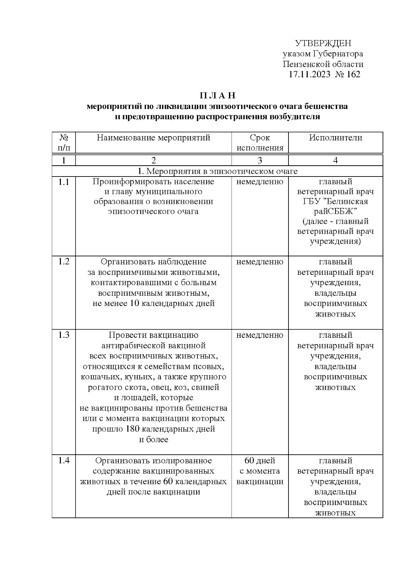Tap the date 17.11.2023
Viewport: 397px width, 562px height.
[x=309, y=74]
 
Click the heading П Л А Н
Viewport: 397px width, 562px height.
[x=217, y=96]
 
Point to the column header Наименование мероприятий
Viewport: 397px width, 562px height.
[x=154, y=138]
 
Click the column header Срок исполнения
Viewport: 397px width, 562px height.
[x=260, y=143]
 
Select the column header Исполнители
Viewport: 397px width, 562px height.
[x=335, y=138]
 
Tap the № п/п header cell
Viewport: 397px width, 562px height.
[x=64, y=143]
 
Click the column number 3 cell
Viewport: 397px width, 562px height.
[x=260, y=161]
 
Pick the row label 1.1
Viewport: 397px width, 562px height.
[x=64, y=182]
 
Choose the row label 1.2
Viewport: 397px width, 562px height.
[x=64, y=262]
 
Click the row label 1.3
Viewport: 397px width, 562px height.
[x=64, y=335]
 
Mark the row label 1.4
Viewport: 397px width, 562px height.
[x=64, y=461]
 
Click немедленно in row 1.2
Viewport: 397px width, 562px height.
[x=260, y=262]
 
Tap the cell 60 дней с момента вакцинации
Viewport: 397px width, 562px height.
[x=260, y=471]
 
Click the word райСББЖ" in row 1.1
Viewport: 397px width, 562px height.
[x=335, y=212]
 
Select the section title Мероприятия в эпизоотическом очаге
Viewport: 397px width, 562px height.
[x=222, y=171]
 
